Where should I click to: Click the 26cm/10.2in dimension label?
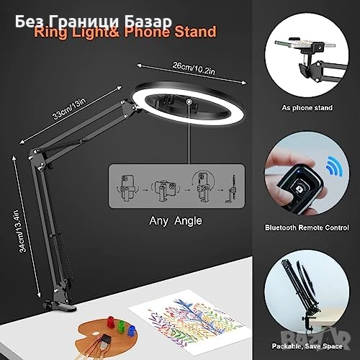194,68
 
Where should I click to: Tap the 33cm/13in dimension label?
69,109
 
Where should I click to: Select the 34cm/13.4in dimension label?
22,231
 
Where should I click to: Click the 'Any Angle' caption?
176,221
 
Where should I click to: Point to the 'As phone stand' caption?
307,108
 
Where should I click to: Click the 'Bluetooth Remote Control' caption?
307,228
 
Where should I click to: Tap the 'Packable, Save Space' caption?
307,346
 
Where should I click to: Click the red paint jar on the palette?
111,322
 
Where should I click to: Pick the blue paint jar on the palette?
132,331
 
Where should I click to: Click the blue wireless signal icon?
334,166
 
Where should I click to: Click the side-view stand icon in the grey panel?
231,189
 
